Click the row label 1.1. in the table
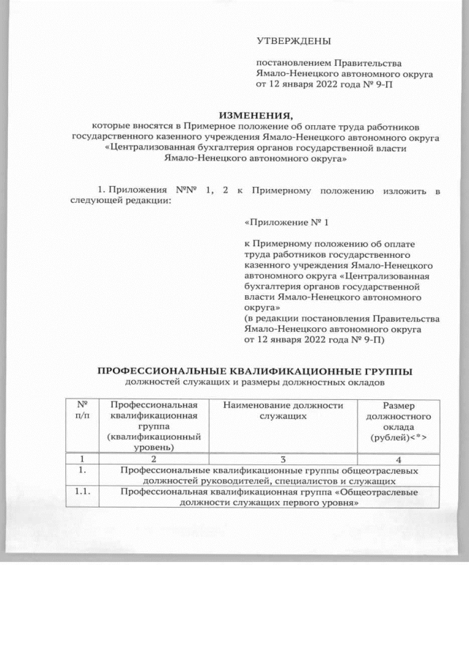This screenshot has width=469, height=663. [x=78, y=493]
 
